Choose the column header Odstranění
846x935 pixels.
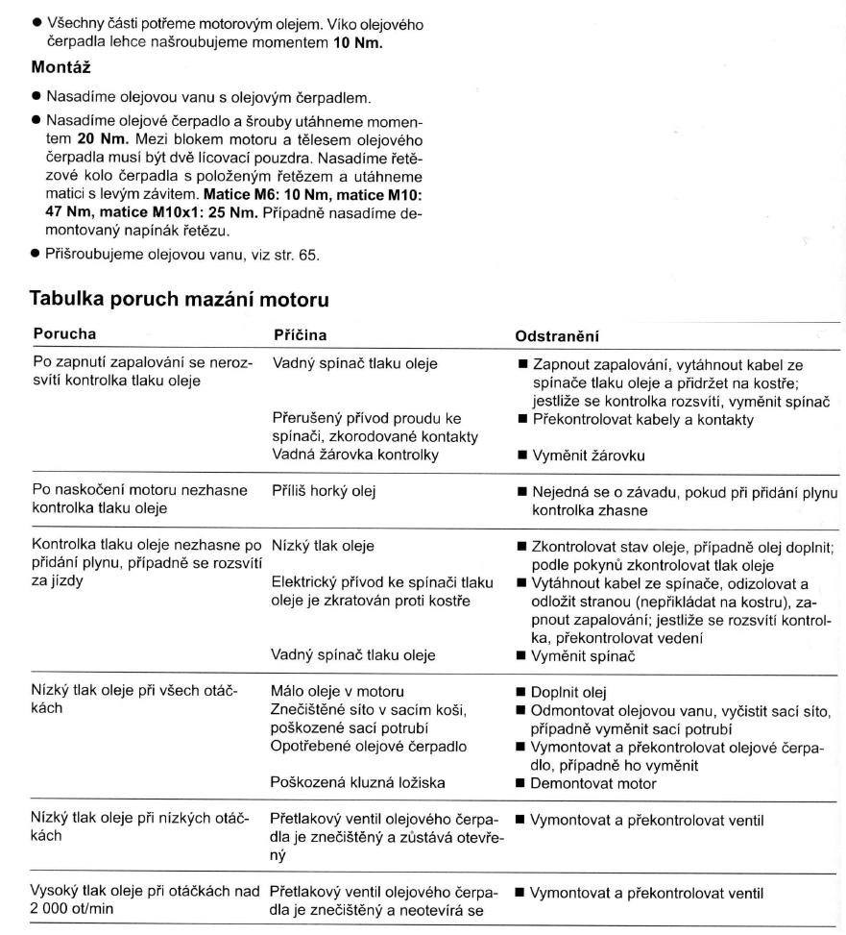coord(560,336)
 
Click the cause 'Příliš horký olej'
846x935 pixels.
coord(324,491)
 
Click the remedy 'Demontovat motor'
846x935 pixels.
coord(588,783)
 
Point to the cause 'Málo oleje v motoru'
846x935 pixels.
coord(337,692)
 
